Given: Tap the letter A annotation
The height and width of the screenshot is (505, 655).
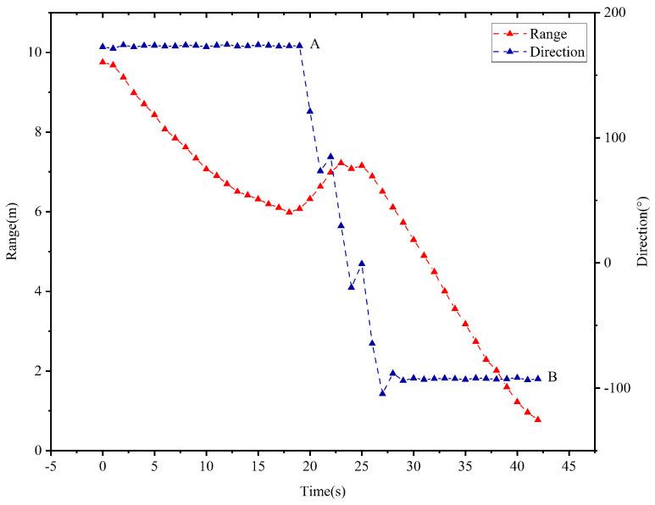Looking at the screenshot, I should pyautogui.click(x=315, y=43).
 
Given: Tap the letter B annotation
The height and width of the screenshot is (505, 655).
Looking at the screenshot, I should pyautogui.click(x=552, y=377).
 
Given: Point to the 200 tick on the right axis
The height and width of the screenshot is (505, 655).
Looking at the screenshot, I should pyautogui.click(x=612, y=13).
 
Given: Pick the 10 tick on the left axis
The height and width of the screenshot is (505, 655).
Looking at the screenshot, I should pyautogui.click(x=36, y=53).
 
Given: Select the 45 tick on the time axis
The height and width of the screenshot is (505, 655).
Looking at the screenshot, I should pyautogui.click(x=569, y=466).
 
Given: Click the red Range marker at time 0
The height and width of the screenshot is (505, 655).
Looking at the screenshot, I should pyautogui.click(x=103, y=61).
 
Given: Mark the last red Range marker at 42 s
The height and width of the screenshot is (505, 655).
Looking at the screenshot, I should pyautogui.click(x=537, y=419).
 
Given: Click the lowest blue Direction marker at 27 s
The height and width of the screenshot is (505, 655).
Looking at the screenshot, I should pyautogui.click(x=382, y=392).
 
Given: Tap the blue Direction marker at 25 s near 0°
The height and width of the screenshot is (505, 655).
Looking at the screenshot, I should pyautogui.click(x=362, y=263).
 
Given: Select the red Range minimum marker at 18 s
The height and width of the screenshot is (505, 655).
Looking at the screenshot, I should pyautogui.click(x=289, y=211).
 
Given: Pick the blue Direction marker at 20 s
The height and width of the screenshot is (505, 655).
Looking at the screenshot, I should pyautogui.click(x=310, y=110).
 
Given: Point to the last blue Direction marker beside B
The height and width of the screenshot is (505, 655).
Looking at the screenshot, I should pyautogui.click(x=537, y=379).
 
